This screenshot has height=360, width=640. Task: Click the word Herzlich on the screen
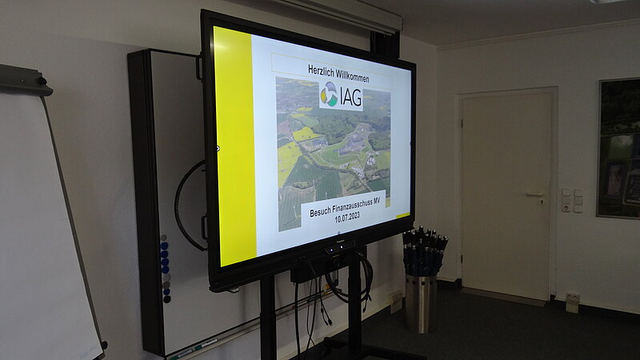[x=322, y=70]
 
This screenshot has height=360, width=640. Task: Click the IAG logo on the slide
[x=342, y=96]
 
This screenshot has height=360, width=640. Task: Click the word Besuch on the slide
[x=320, y=213]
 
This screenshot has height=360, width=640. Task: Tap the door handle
[x=535, y=195]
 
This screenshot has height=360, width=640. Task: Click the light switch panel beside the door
[x=572, y=201]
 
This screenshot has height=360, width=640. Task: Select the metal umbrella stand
[x=421, y=303]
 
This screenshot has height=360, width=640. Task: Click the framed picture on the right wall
[x=618, y=148]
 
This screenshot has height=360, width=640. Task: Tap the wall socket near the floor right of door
[x=572, y=302]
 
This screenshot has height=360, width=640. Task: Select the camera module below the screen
[x=339, y=246]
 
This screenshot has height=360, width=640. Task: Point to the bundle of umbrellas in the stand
[x=425, y=250]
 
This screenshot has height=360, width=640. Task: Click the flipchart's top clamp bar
[x=25, y=79]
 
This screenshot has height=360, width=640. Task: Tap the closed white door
[x=507, y=195]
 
